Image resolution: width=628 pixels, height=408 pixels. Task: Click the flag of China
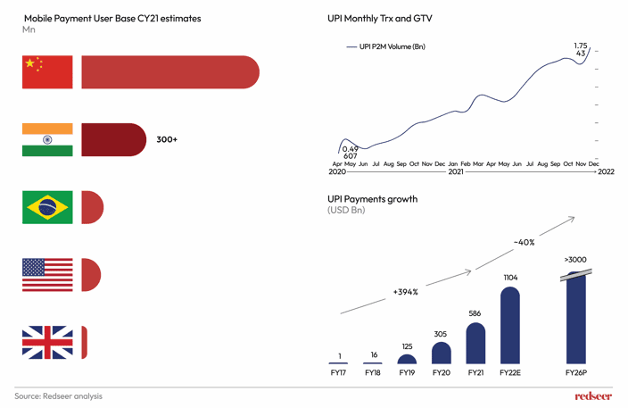(x=47, y=72)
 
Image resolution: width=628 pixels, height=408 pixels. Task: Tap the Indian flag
(x=47, y=139)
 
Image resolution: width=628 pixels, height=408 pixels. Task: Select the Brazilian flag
(x=47, y=207)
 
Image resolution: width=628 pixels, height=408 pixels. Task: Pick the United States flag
(x=47, y=275)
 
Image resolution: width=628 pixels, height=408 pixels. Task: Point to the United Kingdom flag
(x=47, y=342)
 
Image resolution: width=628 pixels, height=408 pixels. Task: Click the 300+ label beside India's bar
(x=167, y=139)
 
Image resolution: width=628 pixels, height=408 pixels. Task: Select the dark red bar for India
(x=113, y=139)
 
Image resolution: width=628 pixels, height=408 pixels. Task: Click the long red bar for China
(x=169, y=72)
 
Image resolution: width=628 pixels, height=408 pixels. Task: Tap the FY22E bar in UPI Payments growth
(x=509, y=325)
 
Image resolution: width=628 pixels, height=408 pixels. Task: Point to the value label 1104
(x=509, y=278)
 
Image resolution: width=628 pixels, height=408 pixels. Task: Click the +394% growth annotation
(x=404, y=292)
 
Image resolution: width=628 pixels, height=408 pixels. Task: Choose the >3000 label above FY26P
(x=576, y=260)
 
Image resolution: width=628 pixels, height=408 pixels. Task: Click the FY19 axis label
(x=407, y=371)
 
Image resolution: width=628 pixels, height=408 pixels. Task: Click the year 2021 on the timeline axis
(x=456, y=171)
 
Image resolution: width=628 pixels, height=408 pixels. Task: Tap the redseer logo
(x=593, y=396)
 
